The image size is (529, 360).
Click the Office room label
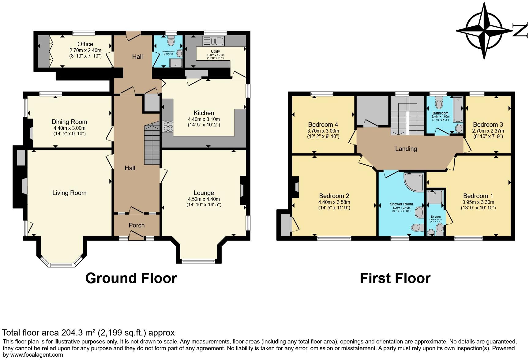(85, 44)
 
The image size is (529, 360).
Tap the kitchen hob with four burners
(168, 126)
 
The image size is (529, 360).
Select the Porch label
(137, 225)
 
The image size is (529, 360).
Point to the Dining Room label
(69, 122)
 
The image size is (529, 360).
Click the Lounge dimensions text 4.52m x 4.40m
(204, 199)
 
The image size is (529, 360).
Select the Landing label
(406, 149)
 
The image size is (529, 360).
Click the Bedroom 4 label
(323, 125)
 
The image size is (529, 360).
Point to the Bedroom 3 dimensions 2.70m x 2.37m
(488, 131)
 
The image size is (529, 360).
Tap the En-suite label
(435, 217)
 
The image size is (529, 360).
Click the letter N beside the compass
(520, 31)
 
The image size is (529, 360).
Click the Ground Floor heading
(131, 278)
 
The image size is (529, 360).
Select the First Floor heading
(395, 278)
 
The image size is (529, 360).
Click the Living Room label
(69, 193)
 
